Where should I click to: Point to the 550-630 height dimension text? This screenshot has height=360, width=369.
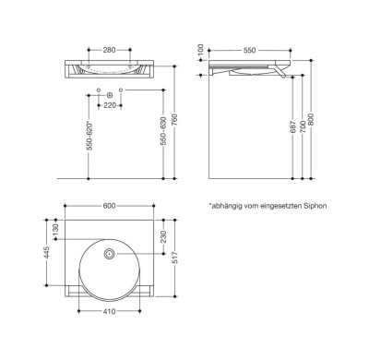[164, 136]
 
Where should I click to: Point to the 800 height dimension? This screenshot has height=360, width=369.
[318, 118]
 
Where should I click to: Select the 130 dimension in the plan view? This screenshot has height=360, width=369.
[55, 228]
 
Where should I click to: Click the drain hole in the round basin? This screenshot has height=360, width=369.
[110, 253]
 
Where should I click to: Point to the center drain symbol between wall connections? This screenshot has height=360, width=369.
[110, 94]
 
